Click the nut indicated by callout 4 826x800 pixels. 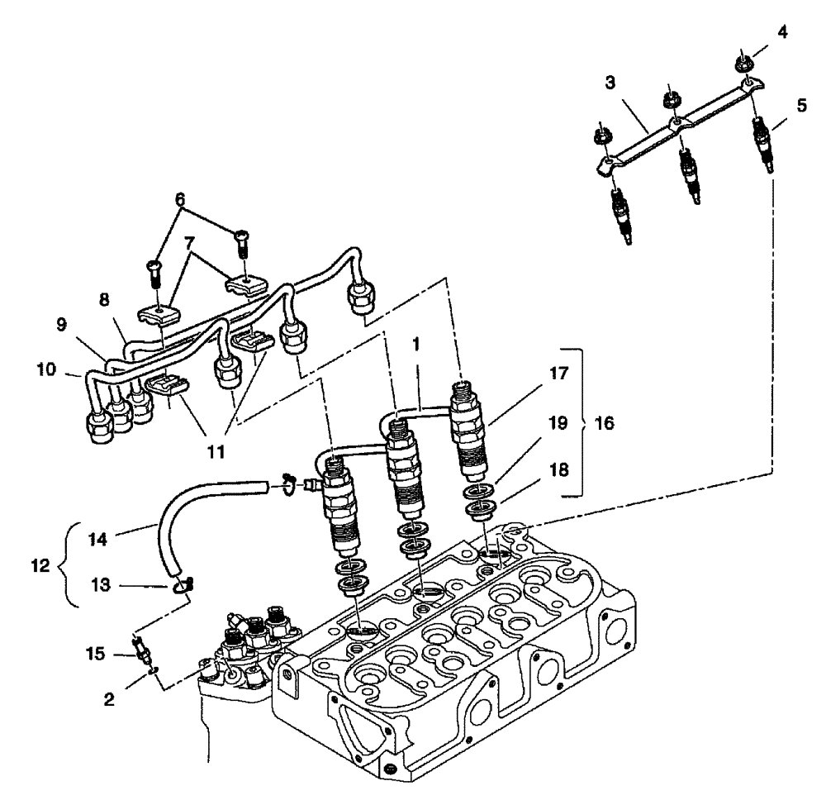(x=743, y=64)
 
